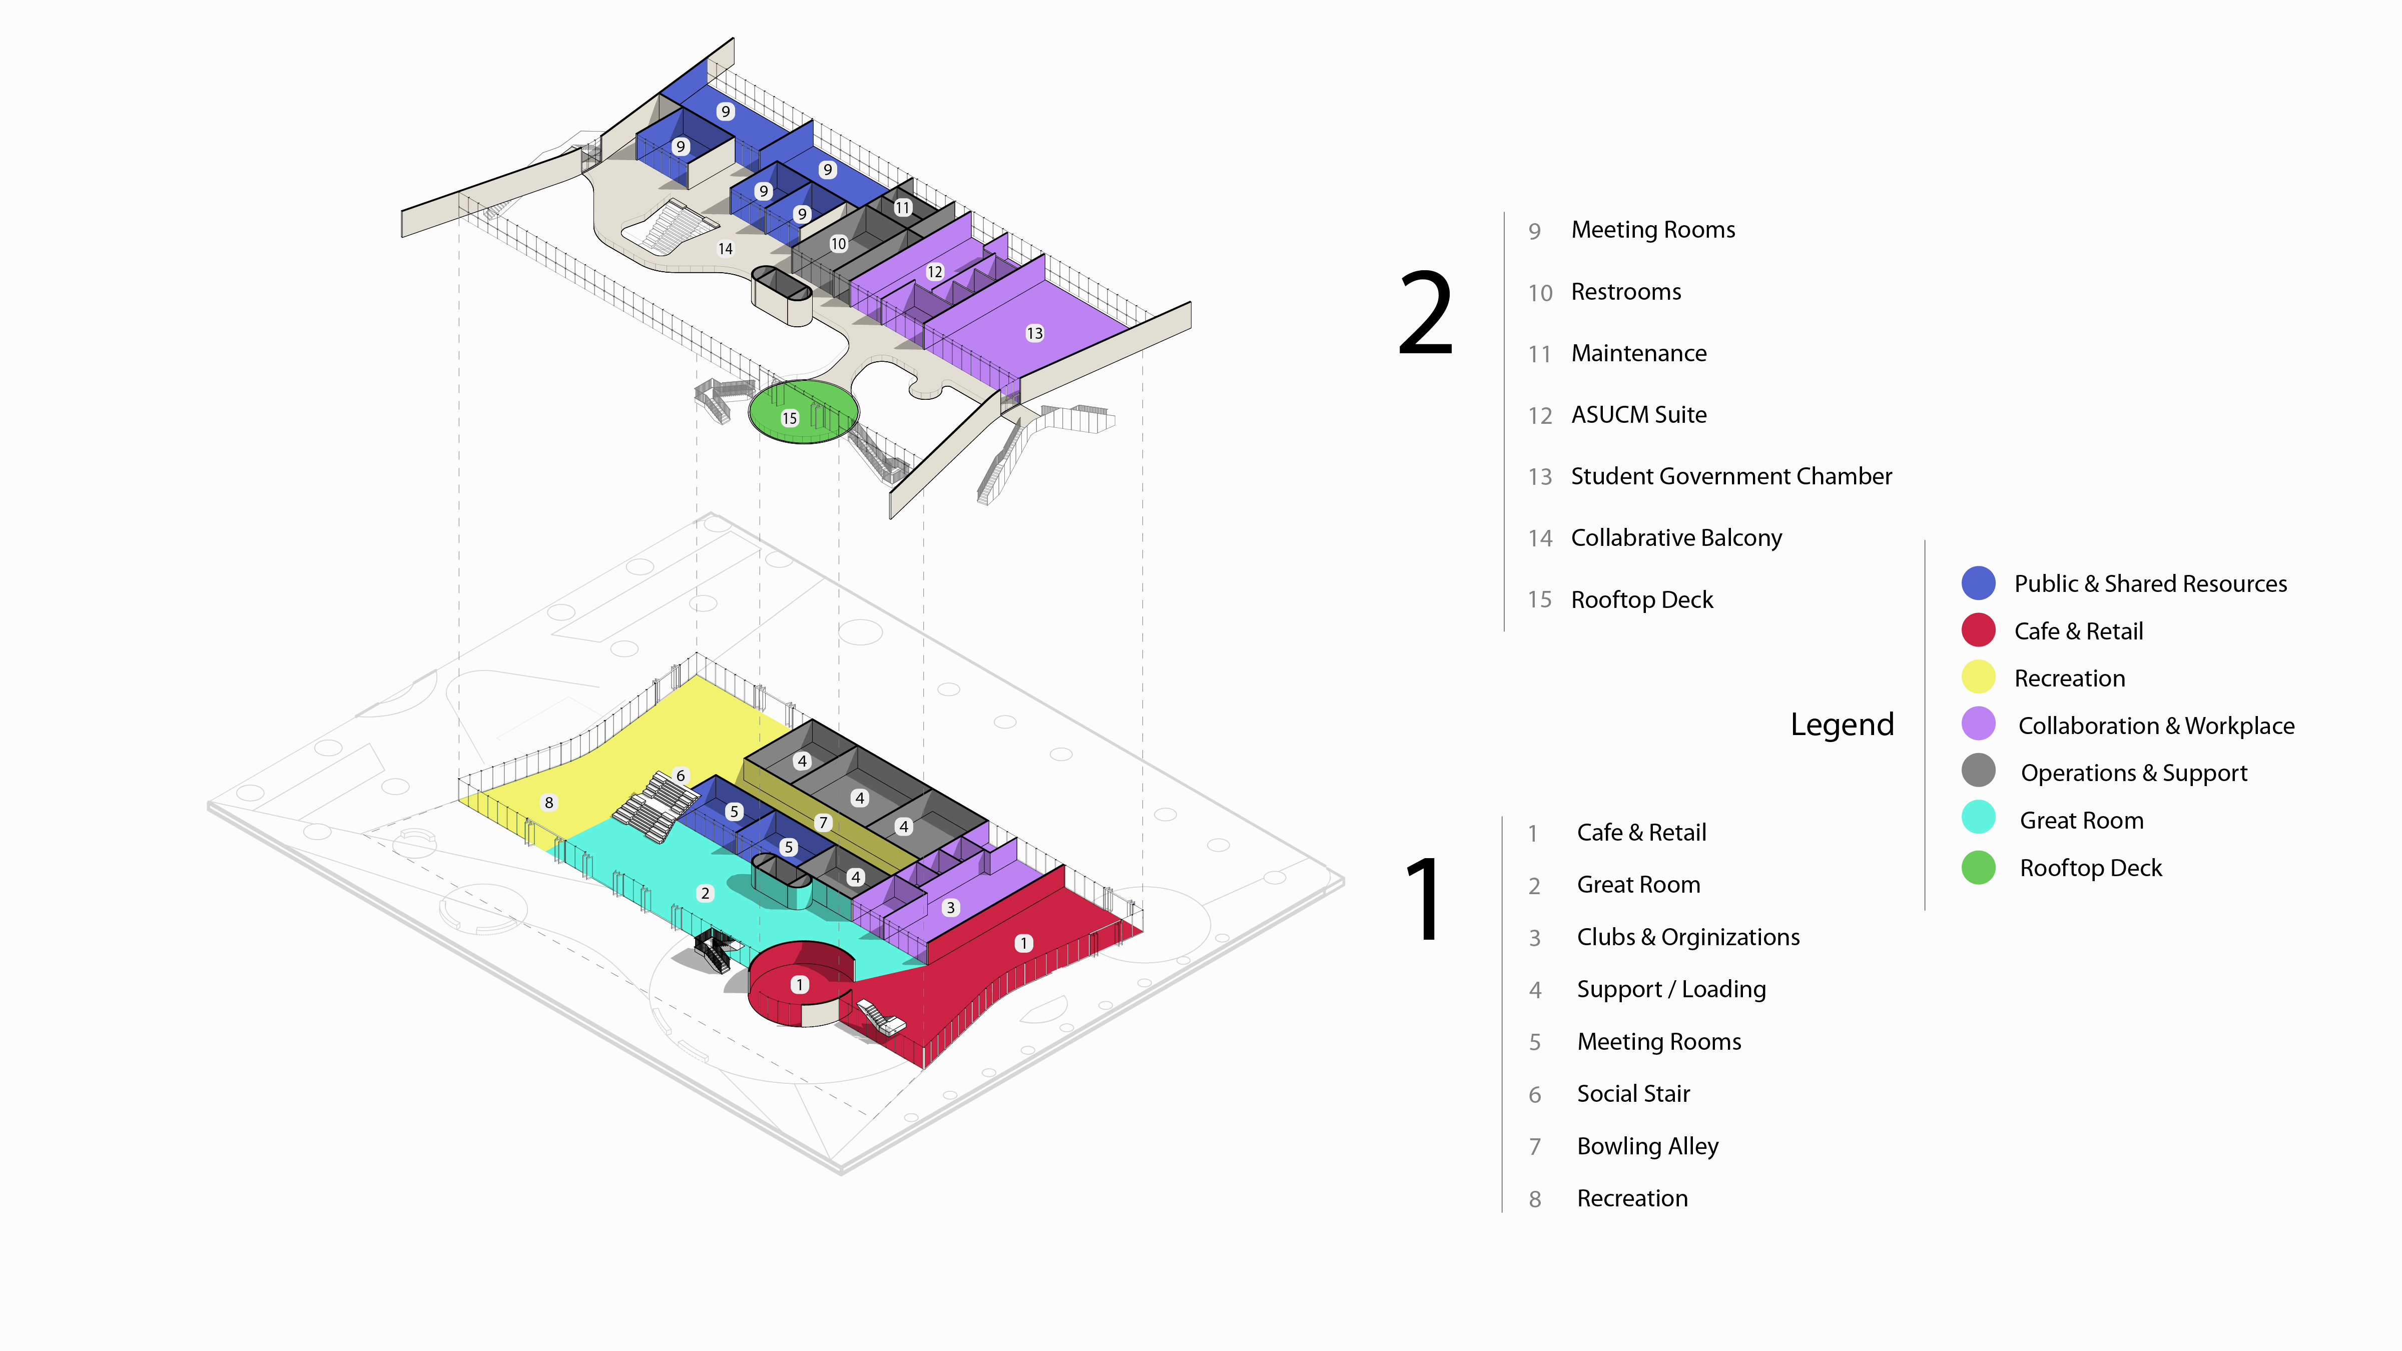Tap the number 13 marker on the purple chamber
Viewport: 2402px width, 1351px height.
tap(1034, 333)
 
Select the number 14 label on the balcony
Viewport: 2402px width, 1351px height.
tap(726, 249)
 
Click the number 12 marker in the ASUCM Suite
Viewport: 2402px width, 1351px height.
tap(934, 271)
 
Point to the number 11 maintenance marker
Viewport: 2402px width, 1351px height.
tap(903, 207)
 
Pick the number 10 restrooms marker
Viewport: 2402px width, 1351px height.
tap(838, 243)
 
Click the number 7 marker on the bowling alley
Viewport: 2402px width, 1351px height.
tap(822, 822)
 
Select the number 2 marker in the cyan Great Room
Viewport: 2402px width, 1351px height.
tap(705, 893)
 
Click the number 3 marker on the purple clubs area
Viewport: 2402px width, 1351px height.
tap(950, 907)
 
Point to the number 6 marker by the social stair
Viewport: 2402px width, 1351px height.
tap(681, 776)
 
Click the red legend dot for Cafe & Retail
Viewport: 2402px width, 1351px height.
tap(1978, 630)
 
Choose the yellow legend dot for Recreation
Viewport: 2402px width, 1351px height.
tap(1978, 678)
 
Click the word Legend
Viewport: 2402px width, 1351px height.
tap(1842, 725)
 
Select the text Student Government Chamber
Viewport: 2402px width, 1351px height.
tap(1730, 476)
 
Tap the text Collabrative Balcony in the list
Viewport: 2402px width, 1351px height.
tap(1675, 538)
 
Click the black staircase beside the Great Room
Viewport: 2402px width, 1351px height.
tap(713, 949)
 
